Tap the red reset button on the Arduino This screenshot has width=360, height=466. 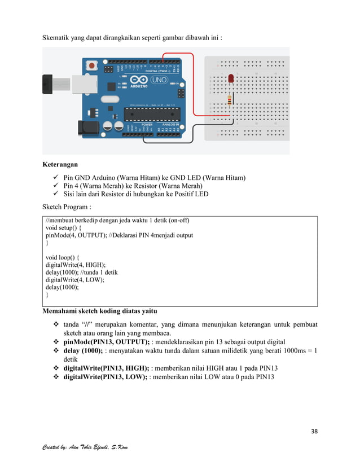coord(91,66)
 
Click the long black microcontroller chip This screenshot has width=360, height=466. coord(153,113)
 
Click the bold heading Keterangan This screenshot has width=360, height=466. coord(60,166)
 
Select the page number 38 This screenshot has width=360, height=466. coord(314,432)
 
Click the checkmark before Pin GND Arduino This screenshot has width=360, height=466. coord(56,178)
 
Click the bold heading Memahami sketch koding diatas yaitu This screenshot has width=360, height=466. coord(100,311)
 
